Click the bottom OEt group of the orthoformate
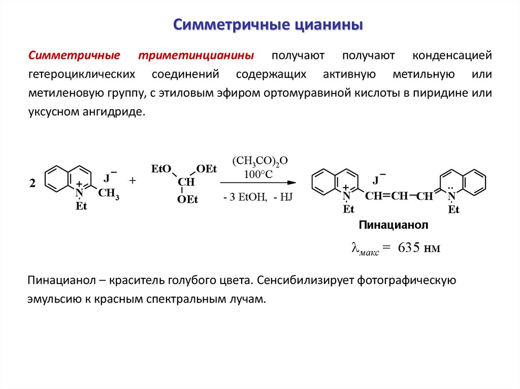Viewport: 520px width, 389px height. (x=187, y=199)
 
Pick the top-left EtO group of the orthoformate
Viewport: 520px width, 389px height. (x=161, y=169)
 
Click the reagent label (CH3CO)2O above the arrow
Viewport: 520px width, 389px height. (x=260, y=161)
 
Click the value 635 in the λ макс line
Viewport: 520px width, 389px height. (x=410, y=248)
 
